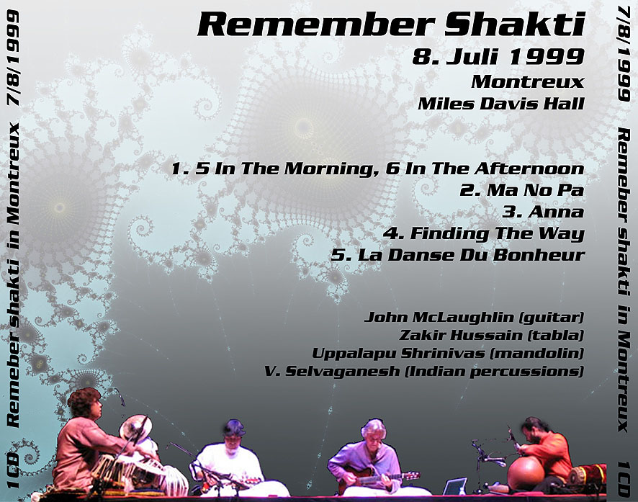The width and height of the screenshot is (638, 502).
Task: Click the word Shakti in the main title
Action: pyautogui.click(x=514, y=24)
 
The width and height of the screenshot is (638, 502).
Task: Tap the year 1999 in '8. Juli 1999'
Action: pyautogui.click(x=547, y=57)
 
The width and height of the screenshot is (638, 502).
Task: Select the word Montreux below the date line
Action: pyautogui.click(x=528, y=82)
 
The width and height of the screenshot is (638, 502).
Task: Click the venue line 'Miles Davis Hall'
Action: pyautogui.click(x=501, y=103)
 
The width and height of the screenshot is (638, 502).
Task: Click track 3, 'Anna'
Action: pyautogui.click(x=556, y=212)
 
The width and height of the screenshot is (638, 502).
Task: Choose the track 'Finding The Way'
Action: pyautogui.click(x=497, y=233)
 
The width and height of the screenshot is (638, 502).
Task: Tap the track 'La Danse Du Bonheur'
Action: pyautogui.click(x=471, y=255)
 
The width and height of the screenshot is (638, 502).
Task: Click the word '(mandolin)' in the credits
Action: pyautogui.click(x=536, y=353)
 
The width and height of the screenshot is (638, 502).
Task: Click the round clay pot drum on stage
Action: pyautogui.click(x=526, y=472)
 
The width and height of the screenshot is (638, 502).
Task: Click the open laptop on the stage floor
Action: pyautogui.click(x=454, y=487)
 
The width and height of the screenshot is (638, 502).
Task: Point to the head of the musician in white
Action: pyautogui.click(x=233, y=433)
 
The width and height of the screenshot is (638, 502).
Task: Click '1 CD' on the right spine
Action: pyautogui.click(x=624, y=479)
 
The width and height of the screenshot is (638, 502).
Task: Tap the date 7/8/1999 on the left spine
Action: pyautogui.click(x=13, y=58)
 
